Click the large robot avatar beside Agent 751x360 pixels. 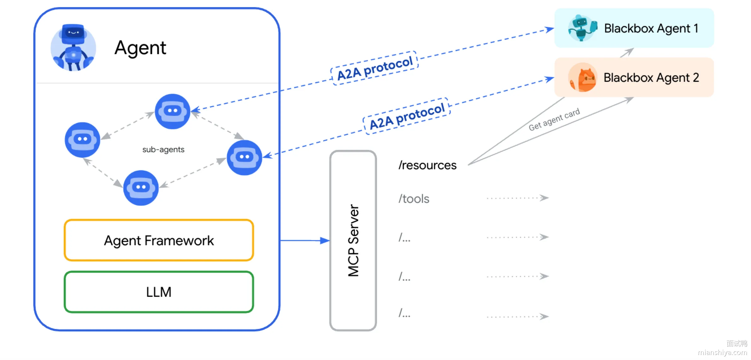click(x=73, y=48)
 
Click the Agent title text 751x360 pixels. click(x=140, y=48)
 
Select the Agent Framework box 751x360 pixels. click(x=159, y=240)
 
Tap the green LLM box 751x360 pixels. click(x=159, y=292)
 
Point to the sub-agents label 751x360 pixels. click(x=163, y=149)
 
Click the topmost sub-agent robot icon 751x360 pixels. click(x=172, y=111)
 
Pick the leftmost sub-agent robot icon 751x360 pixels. click(x=82, y=140)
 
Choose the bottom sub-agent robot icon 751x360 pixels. click(x=141, y=188)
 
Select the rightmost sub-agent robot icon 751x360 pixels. click(x=244, y=157)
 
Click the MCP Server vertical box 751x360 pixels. click(x=353, y=241)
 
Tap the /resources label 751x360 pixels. click(x=427, y=165)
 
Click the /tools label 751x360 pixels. click(x=414, y=199)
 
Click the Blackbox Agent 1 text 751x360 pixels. click(x=651, y=28)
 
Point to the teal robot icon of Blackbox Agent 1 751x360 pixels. click(x=582, y=28)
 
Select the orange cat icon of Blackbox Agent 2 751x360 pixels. click(x=583, y=77)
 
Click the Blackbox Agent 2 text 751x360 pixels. click(x=651, y=78)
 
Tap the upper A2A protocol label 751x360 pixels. click(x=375, y=68)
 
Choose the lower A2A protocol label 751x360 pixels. click(x=407, y=116)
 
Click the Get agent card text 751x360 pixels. click(x=554, y=119)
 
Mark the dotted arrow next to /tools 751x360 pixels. click(x=518, y=198)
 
